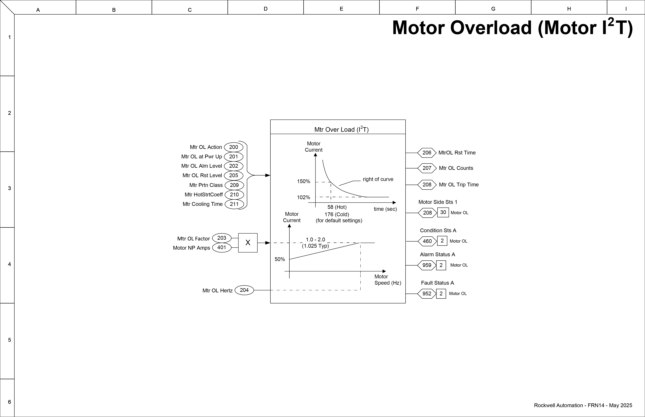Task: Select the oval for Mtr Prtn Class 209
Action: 234,185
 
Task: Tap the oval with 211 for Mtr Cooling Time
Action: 234,204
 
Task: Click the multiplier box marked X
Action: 248,243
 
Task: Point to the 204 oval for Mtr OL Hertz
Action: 244,290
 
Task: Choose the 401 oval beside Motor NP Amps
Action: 221,247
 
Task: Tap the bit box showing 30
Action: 443,212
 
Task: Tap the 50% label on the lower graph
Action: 280,259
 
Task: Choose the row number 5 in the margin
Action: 9,340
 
